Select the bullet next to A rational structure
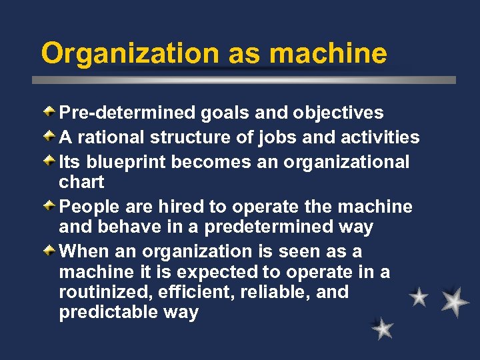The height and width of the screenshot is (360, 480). point(51,135)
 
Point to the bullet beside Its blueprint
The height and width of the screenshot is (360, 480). point(51,159)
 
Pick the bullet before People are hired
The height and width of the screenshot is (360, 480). point(51,205)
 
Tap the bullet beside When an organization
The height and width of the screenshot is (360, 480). point(51,250)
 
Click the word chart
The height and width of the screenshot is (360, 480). point(81,181)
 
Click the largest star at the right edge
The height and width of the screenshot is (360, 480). point(455,301)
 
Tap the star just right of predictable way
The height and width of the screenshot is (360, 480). point(383,328)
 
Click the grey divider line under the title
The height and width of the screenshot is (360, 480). point(244,79)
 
